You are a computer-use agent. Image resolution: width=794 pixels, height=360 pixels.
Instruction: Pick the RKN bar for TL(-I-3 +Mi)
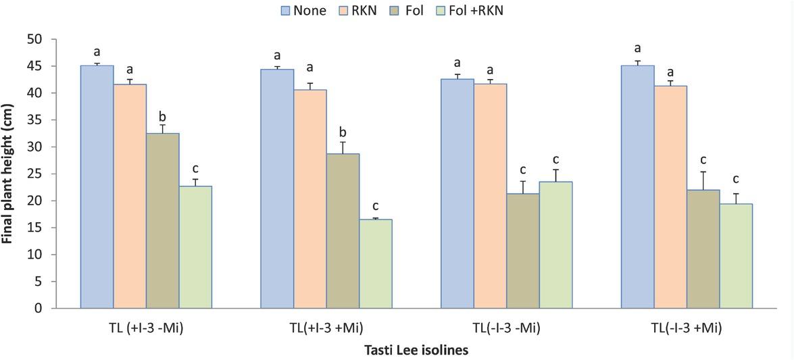[670, 197]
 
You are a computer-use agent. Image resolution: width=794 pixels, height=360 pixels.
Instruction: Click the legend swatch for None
[284, 10]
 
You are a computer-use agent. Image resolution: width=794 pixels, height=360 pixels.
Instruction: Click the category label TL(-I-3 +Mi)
[687, 329]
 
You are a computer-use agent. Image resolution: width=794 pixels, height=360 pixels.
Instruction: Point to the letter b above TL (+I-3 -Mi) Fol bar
[163, 112]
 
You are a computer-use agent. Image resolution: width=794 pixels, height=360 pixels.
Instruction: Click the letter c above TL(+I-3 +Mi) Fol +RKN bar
[375, 206]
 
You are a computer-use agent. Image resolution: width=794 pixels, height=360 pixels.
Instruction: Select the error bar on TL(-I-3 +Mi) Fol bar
[703, 180]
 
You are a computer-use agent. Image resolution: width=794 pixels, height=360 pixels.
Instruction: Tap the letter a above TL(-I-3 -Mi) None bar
[457, 63]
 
